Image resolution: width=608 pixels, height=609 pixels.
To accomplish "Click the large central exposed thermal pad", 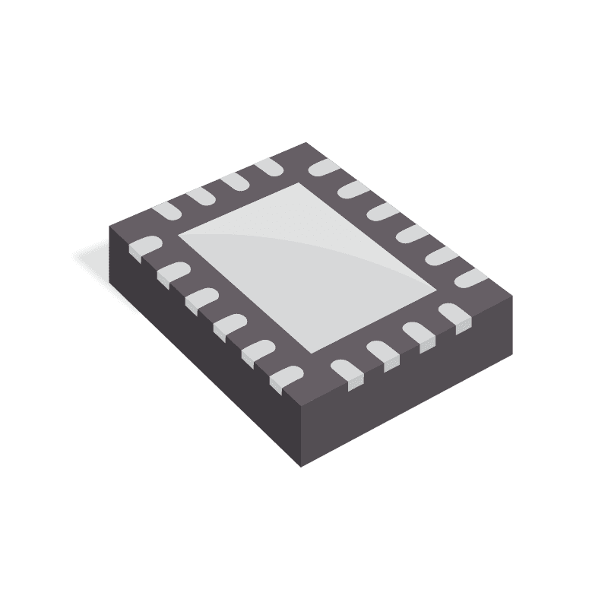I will point(307,267).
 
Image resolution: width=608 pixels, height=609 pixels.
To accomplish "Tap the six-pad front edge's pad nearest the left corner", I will point(145,245).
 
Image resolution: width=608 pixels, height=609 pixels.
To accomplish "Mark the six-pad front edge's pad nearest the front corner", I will point(287,373).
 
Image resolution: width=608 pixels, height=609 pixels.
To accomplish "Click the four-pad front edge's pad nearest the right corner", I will point(453,315).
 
